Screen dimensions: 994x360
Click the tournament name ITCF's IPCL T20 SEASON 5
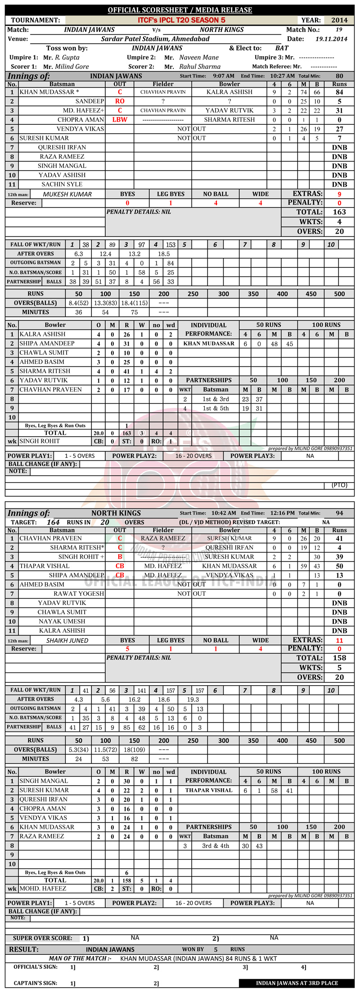pyautogui.click(x=181, y=20)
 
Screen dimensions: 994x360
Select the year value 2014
pyautogui.click(x=339, y=20)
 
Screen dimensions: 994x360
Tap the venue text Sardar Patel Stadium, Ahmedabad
pyautogui.click(x=155, y=39)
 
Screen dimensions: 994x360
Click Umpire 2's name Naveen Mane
pyautogui.click(x=199, y=57)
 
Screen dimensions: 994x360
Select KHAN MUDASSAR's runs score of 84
pyautogui.click(x=339, y=92)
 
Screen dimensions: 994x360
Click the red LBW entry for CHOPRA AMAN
pyautogui.click(x=120, y=120)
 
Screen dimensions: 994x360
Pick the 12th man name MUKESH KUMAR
pyautogui.click(x=67, y=194)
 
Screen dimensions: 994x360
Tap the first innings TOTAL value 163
pyautogui.click(x=339, y=212)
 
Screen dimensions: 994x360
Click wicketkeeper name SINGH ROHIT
pyautogui.click(x=40, y=441)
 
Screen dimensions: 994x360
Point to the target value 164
pyautogui.click(x=53, y=522)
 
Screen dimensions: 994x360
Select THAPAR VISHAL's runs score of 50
pyautogui.click(x=339, y=566)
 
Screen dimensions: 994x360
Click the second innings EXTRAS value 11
pyautogui.click(x=339, y=640)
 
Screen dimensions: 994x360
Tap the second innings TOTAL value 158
pyautogui.click(x=339, y=658)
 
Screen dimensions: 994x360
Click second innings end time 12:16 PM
pyautogui.click(x=282, y=513)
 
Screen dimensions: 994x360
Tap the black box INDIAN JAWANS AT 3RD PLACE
pyautogui.click(x=297, y=983)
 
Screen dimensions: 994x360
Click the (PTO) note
pyautogui.click(x=339, y=485)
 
